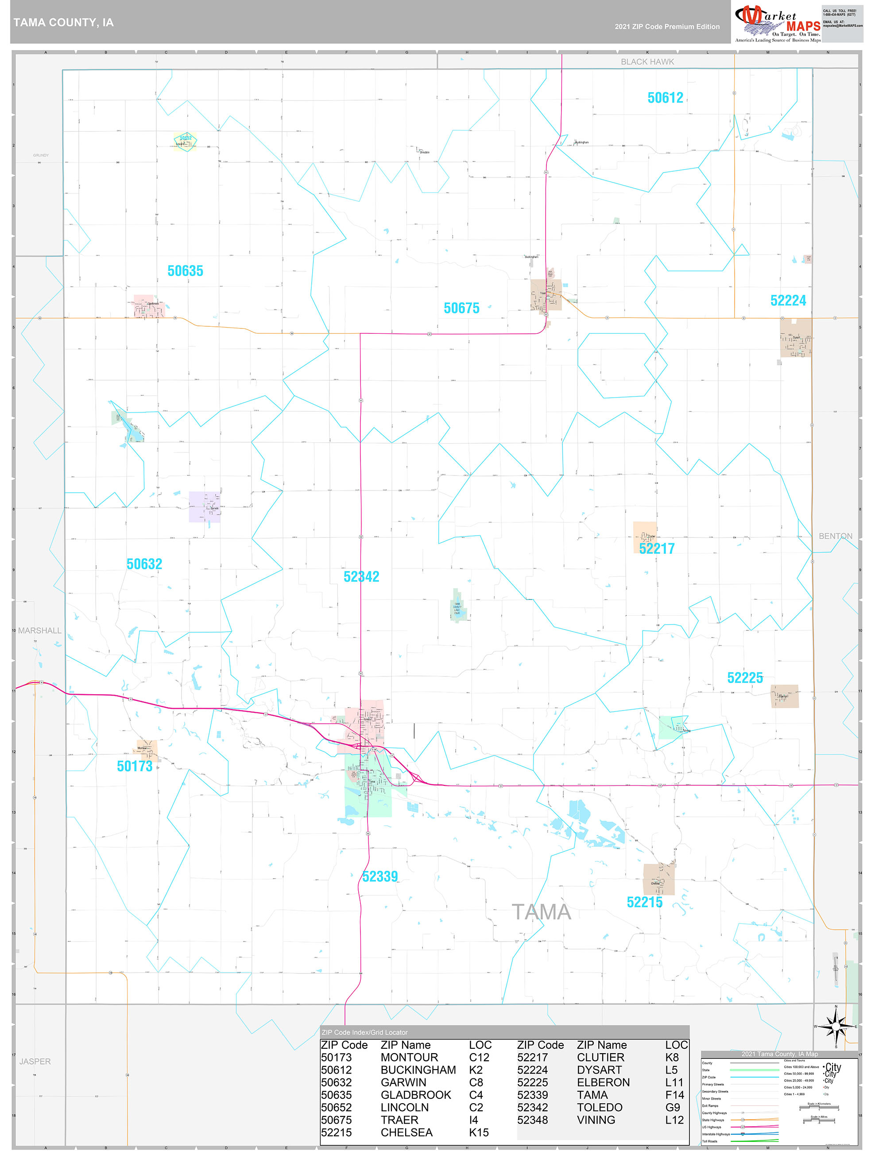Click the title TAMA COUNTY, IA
(x=63, y=23)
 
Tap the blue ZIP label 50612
(x=665, y=98)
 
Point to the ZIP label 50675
(x=461, y=309)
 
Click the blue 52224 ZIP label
(x=788, y=301)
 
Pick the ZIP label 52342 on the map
(x=361, y=576)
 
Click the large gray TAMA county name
(x=541, y=912)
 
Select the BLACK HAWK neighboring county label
(x=646, y=62)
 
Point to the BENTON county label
(x=835, y=536)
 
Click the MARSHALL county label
(x=39, y=631)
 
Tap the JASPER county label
(x=35, y=1062)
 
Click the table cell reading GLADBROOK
(x=415, y=1095)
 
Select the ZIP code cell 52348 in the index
(x=532, y=1120)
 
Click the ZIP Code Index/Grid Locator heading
(x=364, y=1032)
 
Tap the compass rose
(x=836, y=1027)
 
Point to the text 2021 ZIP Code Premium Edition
(x=667, y=27)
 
